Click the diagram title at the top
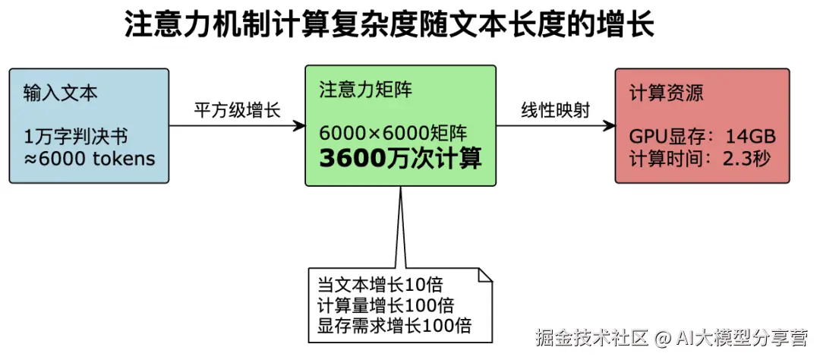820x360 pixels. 389,25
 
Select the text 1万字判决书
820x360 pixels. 76,137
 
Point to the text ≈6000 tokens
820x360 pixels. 90,159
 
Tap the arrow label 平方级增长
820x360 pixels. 237,111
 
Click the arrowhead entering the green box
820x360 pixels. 298,126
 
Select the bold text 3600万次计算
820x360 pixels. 400,159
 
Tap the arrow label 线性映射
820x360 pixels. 555,110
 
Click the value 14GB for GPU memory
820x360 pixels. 750,137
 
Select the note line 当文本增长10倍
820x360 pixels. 380,285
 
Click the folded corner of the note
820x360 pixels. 483,275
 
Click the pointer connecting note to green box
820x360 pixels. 397,228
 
